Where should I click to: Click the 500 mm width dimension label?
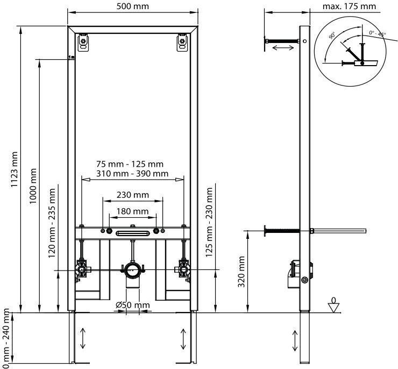click(133, 6)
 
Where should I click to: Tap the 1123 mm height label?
click(14, 169)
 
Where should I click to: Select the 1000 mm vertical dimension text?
click(33, 186)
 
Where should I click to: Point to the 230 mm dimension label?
click(133, 195)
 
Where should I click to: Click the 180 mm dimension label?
click(132, 211)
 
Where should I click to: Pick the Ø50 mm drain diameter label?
click(133, 305)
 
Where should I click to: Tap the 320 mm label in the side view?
click(241, 272)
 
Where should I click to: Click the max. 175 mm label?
click(349, 6)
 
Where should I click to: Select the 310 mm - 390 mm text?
click(132, 174)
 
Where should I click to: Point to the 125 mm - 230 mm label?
click(209, 222)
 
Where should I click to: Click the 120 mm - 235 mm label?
click(52, 223)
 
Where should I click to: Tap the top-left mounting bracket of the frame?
click(83, 42)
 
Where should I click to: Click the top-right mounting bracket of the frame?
click(182, 42)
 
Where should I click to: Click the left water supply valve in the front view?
click(81, 269)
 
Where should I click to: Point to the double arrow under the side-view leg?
click(295, 341)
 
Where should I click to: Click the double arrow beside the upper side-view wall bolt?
click(283, 47)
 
